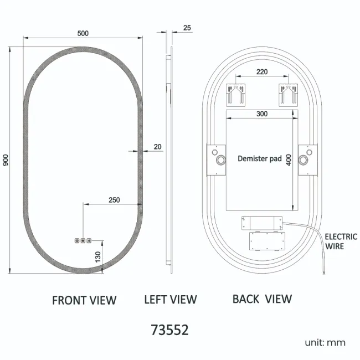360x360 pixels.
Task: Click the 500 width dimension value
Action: (x=83, y=34)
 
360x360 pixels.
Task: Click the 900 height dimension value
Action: (x=6, y=160)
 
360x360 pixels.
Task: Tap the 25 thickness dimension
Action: (x=187, y=28)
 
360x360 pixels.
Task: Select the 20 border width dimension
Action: (x=157, y=147)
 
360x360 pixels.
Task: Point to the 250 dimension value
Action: (x=114, y=200)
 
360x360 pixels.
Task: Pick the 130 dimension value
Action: (x=98, y=257)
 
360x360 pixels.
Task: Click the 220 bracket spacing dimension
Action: (x=262, y=72)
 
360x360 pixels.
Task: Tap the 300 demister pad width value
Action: (x=262, y=114)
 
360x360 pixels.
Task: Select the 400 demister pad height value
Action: (x=289, y=160)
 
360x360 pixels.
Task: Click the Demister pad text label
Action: (x=260, y=158)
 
